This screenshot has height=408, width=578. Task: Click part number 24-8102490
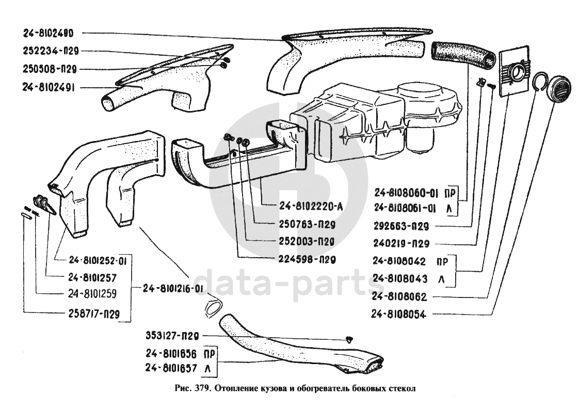pos(49,33)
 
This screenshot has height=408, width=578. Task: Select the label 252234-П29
pos(50,51)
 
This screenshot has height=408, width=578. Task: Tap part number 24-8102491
pos(49,88)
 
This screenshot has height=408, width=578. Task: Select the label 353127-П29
pos(172,336)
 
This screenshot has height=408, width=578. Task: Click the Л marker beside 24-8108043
pos(441,279)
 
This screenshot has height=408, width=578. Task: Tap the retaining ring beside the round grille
pos(540,82)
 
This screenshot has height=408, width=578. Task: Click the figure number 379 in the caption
pos(202,388)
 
